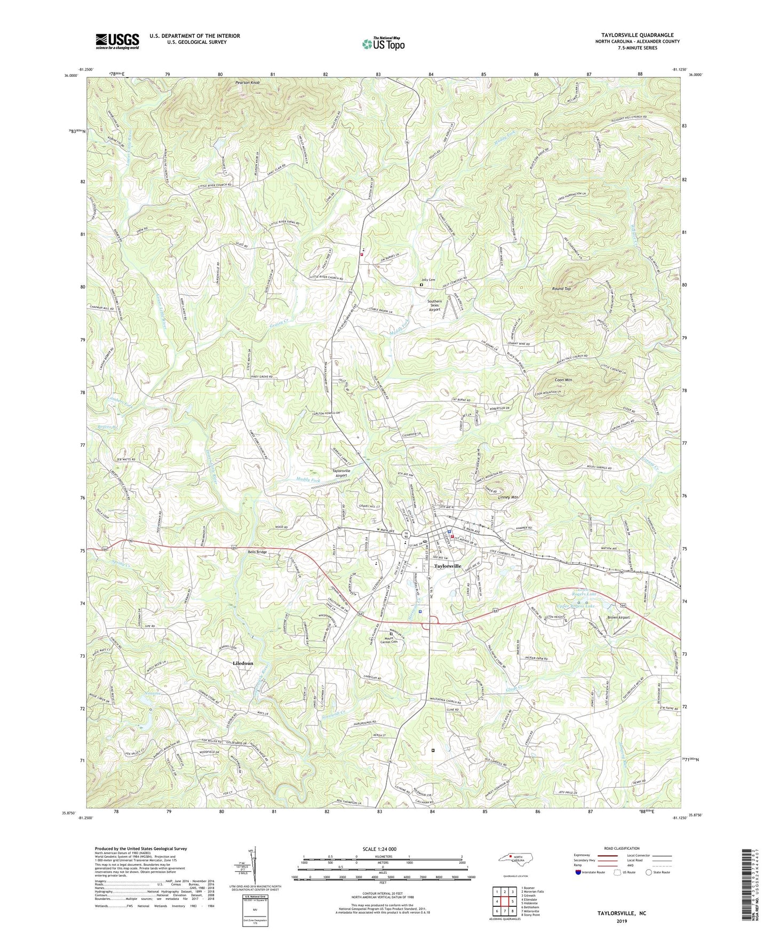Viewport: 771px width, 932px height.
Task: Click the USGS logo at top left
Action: (117, 41)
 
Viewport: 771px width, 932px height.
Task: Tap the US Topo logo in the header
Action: (383, 44)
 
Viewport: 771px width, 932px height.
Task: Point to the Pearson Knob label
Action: (248, 83)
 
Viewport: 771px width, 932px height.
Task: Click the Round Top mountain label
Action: (561, 289)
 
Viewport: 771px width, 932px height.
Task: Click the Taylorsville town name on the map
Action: (447, 566)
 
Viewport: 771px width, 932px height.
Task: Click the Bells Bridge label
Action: (257, 552)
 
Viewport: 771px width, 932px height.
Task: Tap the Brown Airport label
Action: (618, 618)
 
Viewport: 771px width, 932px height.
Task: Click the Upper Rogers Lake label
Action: (575, 606)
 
